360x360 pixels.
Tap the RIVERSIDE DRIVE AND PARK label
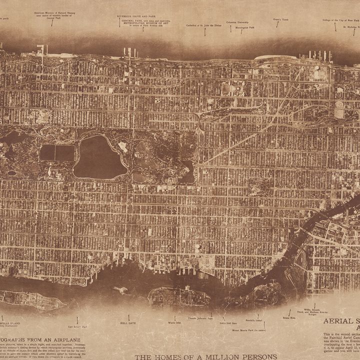tap(135, 16)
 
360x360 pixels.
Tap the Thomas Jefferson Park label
tap(198, 318)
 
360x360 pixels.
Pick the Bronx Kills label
tap(289, 317)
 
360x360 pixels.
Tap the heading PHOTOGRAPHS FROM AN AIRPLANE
tap(45, 339)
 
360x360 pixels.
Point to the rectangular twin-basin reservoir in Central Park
tap(56, 153)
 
